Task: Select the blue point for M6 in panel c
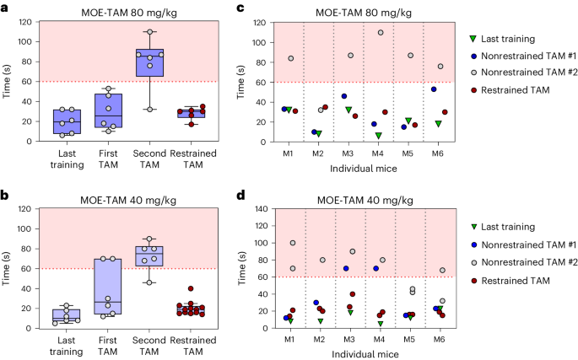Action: (434, 89)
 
